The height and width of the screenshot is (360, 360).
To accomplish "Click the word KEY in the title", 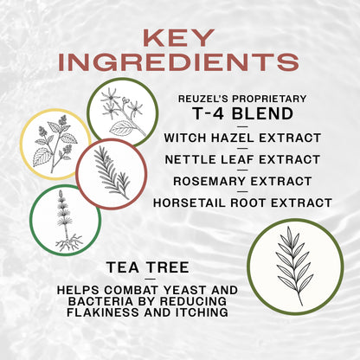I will (x=180, y=39).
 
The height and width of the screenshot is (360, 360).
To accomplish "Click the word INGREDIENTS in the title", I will (x=180, y=63).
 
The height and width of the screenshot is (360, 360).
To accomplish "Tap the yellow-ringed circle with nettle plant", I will (x=60, y=144).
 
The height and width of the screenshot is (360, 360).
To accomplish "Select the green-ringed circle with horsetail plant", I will (x=65, y=220).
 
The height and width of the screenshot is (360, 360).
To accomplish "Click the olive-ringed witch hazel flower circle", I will (x=122, y=112).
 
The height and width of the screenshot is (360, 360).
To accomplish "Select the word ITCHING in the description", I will (x=198, y=312).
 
